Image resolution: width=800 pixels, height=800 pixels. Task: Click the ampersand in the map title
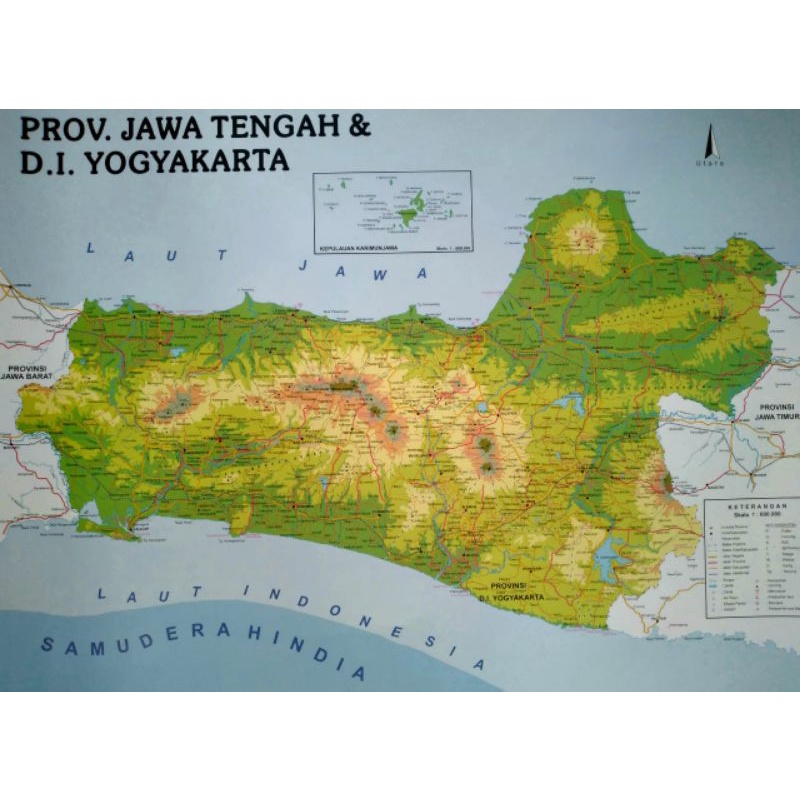359,130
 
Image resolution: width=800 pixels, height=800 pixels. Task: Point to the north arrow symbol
708,140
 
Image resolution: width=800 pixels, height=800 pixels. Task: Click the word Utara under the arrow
708,162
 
